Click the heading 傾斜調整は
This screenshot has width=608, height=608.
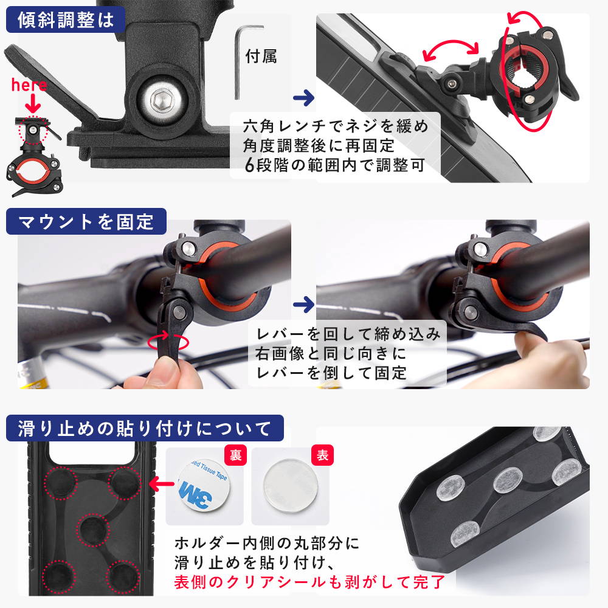point(66,20)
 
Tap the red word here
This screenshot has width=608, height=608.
point(29,85)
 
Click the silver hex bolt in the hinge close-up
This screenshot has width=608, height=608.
point(159,100)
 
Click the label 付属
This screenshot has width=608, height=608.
point(261,57)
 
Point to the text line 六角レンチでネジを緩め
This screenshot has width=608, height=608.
point(336,126)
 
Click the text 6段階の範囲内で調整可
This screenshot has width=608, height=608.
point(335,165)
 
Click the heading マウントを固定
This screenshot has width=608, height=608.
point(86,221)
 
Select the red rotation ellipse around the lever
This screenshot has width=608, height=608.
point(168,342)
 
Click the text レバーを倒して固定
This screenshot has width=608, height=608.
point(331,373)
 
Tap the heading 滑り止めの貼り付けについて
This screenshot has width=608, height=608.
point(144,429)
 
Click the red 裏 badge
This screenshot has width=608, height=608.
point(235,455)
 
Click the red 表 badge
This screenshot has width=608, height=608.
point(322,455)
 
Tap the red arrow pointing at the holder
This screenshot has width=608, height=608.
point(162,483)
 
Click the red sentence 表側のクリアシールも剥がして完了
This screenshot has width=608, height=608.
point(309,582)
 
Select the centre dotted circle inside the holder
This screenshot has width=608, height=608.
point(92,530)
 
